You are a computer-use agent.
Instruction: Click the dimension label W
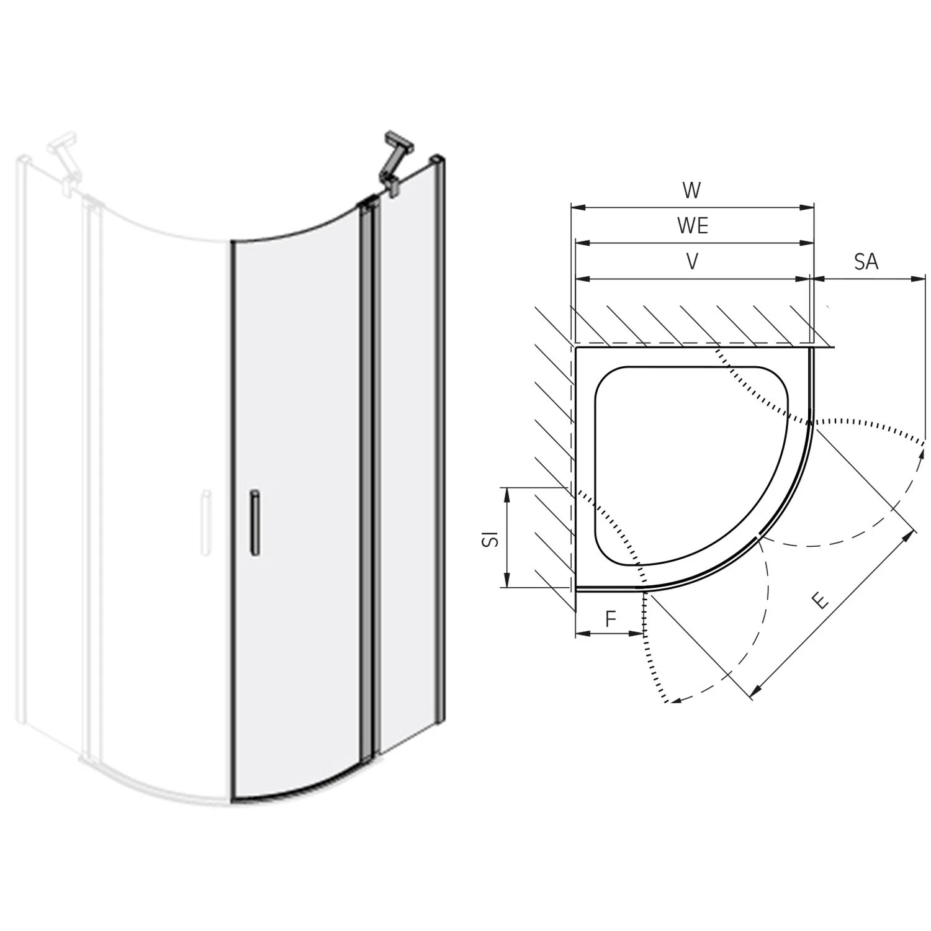point(691,190)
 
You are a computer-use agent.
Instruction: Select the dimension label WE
point(693,226)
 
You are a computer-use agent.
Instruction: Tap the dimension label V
point(692,262)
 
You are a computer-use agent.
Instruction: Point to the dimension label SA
point(866,262)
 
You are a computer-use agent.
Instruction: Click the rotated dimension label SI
point(491,537)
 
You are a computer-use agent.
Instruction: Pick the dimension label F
point(611,618)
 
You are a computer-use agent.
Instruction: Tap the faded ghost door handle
point(205,521)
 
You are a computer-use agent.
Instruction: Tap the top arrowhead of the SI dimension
point(508,492)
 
